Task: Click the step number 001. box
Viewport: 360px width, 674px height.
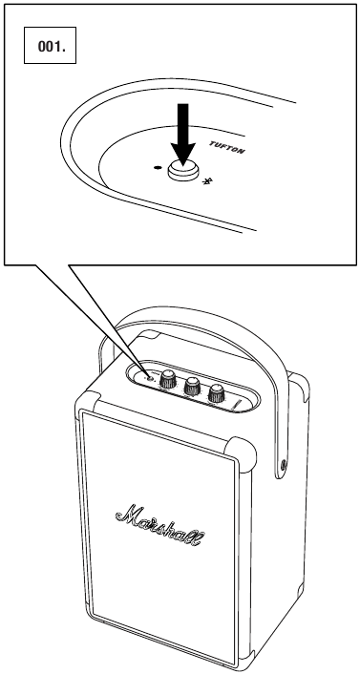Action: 50,45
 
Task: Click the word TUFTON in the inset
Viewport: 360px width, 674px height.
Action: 227,147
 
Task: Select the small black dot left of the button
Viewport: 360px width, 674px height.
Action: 158,167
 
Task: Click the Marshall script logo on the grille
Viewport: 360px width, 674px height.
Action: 160,525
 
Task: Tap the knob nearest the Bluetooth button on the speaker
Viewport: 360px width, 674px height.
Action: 168,379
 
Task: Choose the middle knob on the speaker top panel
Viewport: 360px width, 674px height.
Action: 192,386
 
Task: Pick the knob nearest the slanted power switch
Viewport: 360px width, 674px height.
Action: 217,392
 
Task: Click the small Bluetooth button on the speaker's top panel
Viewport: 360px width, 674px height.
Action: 149,378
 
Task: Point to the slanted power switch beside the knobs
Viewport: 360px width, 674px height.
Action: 237,405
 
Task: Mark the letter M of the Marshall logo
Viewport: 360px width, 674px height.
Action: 128,515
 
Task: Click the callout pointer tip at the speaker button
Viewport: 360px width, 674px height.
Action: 148,377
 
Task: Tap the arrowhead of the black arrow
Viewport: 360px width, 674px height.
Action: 182,156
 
